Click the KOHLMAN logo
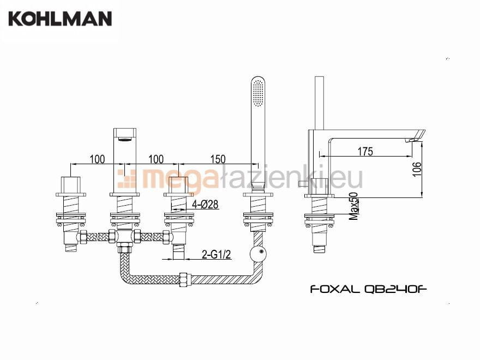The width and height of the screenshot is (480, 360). click(x=60, y=19)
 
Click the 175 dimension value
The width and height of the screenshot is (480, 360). click(x=365, y=151)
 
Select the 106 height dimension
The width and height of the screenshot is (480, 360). click(x=417, y=169)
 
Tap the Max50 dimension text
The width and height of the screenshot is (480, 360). click(x=353, y=206)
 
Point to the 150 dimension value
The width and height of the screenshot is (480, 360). click(x=218, y=159)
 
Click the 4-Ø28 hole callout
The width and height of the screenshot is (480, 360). click(x=205, y=204)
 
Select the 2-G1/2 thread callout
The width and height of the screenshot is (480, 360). click(x=216, y=254)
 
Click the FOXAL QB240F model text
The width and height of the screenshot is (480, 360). click(x=368, y=289)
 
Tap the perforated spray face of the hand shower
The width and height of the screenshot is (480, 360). click(x=258, y=93)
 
